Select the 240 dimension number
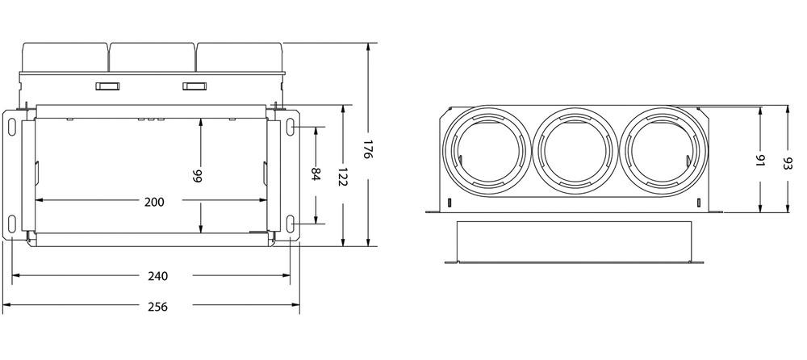(158, 276)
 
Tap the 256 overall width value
(158, 308)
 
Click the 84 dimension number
(316, 175)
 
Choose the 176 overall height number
(368, 150)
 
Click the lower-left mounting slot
(13, 224)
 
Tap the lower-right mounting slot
(290, 224)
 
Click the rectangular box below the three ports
(575, 241)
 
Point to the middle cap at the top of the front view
(153, 55)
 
